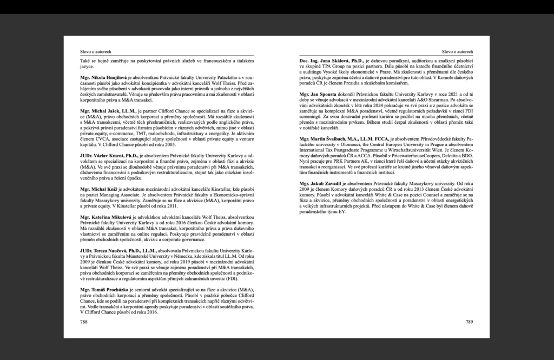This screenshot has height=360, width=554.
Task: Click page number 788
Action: coord(83,322)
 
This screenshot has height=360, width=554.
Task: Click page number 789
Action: coord(469,322)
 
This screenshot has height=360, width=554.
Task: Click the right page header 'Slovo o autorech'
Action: coord(457,51)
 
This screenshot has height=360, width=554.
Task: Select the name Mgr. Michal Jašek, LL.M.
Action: coord(107,110)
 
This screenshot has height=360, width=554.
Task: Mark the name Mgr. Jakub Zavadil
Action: coord(324,184)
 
